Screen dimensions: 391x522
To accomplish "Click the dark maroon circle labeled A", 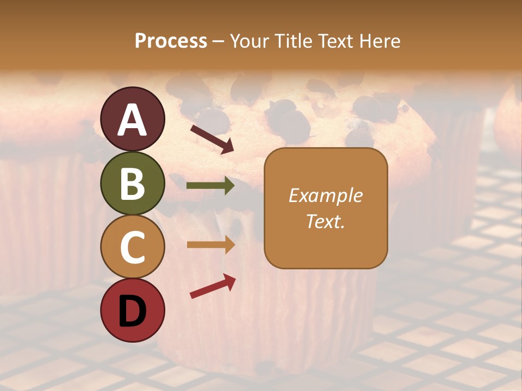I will point(133,119).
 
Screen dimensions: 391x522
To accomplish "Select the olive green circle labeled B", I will point(133,183).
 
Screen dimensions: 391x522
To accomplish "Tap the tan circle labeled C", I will point(133,247).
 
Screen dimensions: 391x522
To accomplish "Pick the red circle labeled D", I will point(133,311).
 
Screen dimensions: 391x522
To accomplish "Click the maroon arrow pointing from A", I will point(212,138).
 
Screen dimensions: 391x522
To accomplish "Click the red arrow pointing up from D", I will point(213,286).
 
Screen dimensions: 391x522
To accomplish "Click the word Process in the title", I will point(171,41).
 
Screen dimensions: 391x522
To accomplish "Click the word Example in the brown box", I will point(325,195).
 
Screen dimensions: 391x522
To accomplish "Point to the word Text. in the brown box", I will point(325,221).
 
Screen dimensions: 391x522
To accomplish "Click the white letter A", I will point(133,120).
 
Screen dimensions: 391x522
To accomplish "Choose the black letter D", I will point(133,311).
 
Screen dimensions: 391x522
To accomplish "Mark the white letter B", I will point(133,184).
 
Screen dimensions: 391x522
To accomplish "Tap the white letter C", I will point(133,248).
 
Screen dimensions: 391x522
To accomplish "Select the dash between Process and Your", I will point(219,41).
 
